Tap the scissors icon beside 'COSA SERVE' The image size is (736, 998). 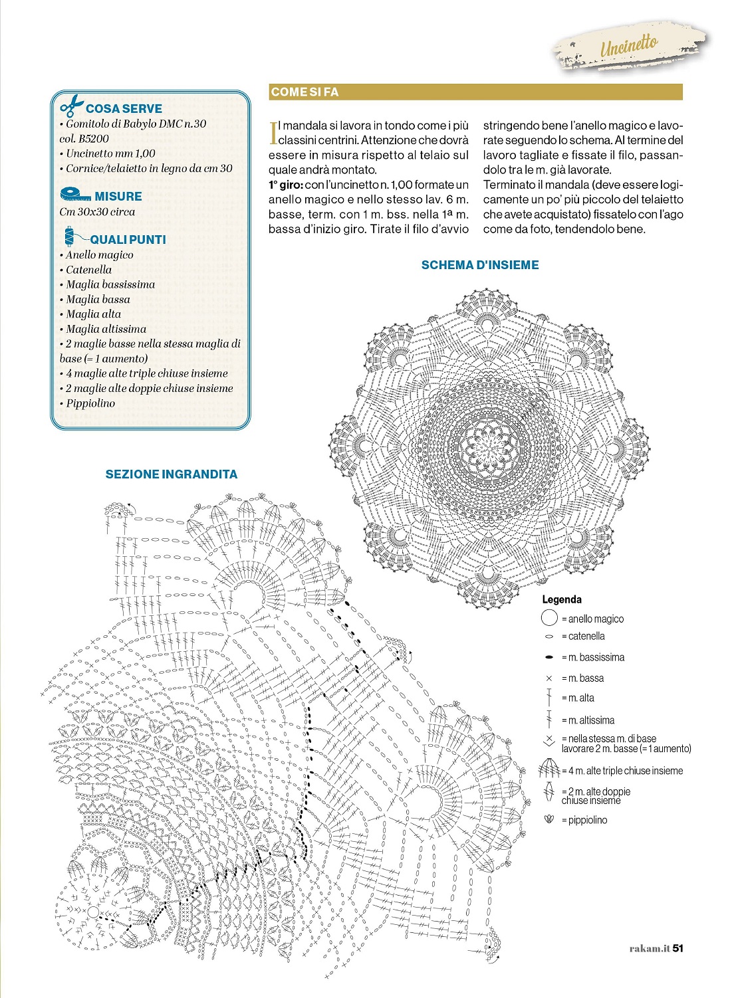(72, 106)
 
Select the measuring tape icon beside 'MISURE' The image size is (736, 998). (75, 195)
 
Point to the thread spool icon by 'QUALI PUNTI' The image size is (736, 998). (70, 237)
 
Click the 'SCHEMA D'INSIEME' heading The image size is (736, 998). (479, 265)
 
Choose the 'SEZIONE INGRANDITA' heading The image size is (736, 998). (171, 474)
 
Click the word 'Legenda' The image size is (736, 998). (561, 599)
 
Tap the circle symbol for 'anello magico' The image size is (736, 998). (549, 619)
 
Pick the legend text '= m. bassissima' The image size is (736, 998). (592, 657)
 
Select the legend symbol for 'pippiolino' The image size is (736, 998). (549, 820)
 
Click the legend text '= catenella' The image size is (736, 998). (583, 637)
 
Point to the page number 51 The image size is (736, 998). (677, 948)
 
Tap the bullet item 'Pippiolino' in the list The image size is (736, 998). (90, 403)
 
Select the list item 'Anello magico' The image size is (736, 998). (99, 255)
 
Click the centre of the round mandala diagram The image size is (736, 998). (490, 443)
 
